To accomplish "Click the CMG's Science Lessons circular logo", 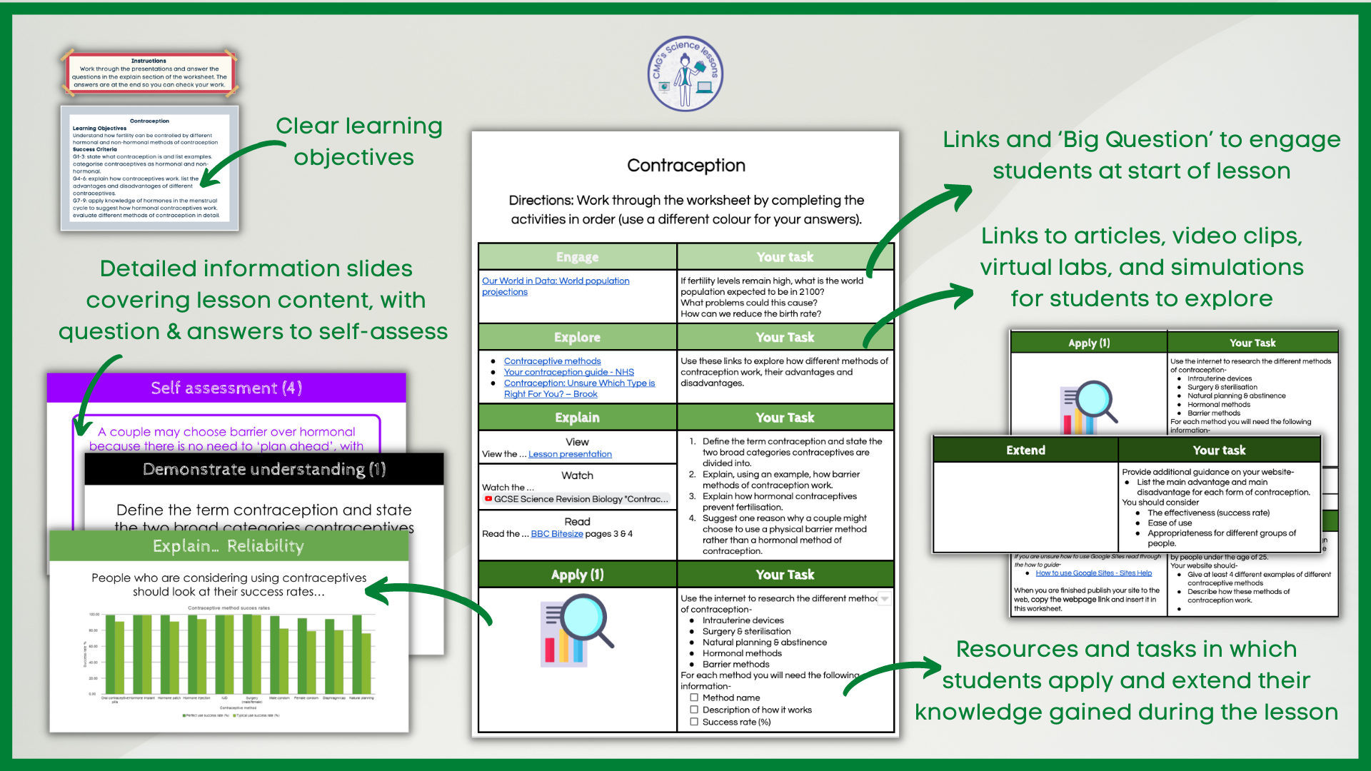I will [x=685, y=74].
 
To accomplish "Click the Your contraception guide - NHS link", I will [x=568, y=372].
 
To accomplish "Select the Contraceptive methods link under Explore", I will [x=552, y=361].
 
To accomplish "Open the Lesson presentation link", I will [x=570, y=454].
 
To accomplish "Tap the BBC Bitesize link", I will [x=557, y=534].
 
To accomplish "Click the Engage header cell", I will [x=577, y=257].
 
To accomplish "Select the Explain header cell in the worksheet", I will [x=577, y=418].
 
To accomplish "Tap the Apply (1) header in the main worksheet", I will [x=577, y=575].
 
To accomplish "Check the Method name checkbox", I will [x=694, y=697].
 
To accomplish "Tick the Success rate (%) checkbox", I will [x=694, y=722].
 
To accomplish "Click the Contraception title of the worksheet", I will [x=685, y=166].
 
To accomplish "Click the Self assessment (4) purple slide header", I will [x=226, y=388].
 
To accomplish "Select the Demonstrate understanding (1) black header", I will [x=264, y=469].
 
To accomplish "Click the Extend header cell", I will [x=1025, y=450].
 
